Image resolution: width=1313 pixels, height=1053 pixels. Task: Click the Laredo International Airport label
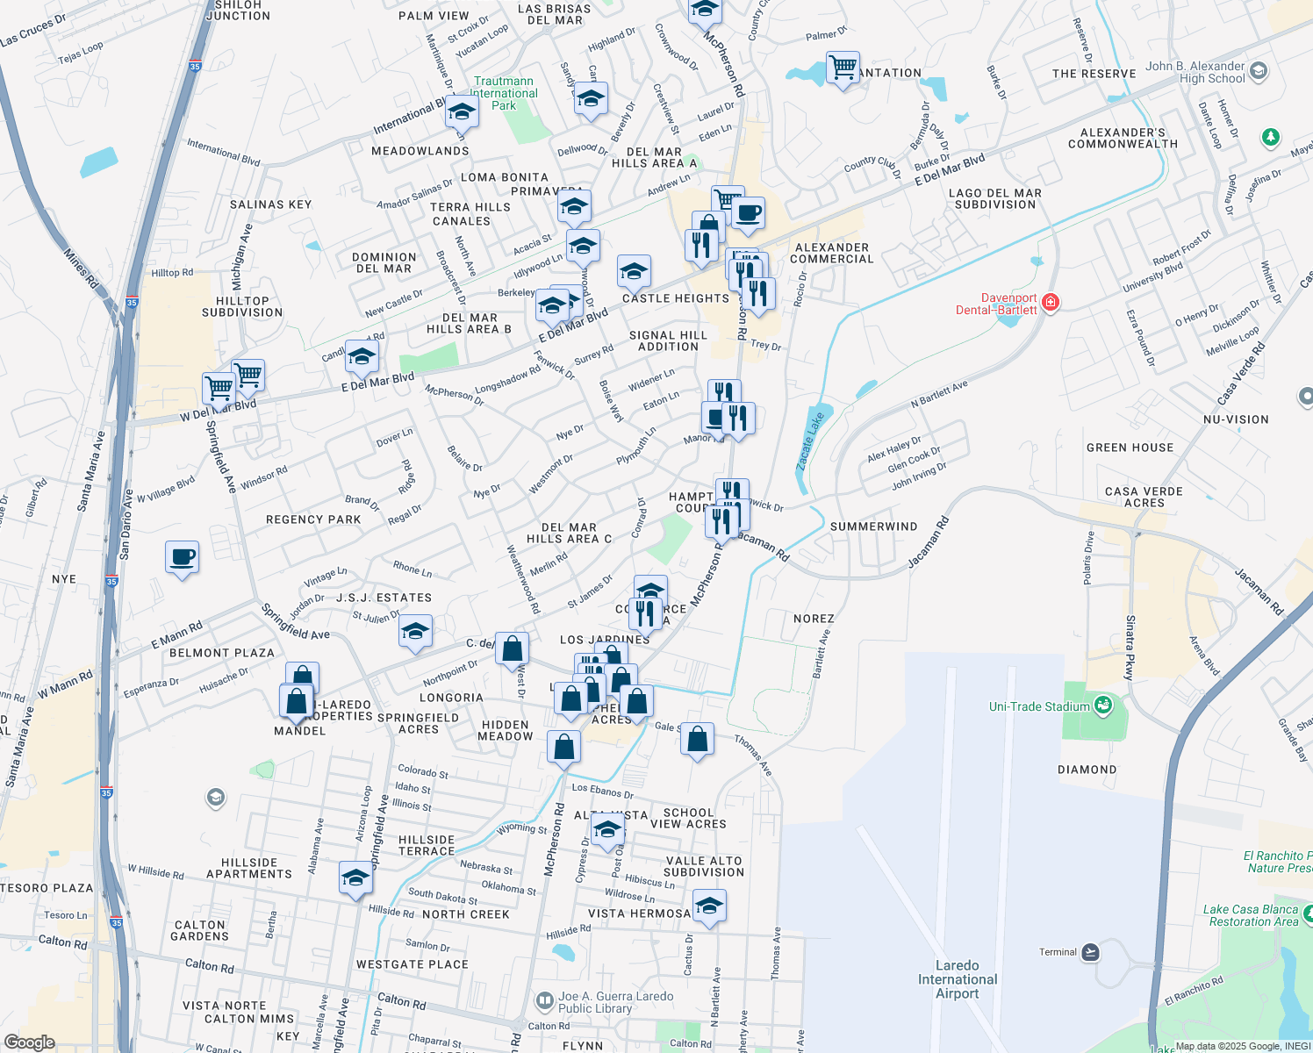(958, 979)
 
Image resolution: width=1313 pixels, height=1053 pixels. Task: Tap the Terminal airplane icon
(1090, 952)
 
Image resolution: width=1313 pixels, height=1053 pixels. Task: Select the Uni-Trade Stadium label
(1039, 706)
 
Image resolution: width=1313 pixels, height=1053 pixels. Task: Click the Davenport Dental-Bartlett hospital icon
(1051, 303)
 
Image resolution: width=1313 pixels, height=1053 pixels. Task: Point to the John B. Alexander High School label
(1195, 72)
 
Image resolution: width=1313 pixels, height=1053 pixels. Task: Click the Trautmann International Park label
(504, 93)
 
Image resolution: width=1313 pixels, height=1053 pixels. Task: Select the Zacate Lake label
(811, 441)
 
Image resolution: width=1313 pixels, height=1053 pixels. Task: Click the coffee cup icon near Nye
(183, 556)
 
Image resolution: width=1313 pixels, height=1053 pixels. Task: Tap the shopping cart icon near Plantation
(843, 67)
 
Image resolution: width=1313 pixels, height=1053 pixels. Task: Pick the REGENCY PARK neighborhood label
(313, 519)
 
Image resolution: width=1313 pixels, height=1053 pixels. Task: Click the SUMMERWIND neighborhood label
(873, 526)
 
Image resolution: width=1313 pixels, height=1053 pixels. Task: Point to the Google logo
(29, 1042)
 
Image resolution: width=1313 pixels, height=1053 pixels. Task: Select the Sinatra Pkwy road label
(1130, 648)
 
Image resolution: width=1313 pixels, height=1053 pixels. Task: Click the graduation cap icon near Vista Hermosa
(709, 906)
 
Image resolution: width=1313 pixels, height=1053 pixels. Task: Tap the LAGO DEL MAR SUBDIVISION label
(995, 198)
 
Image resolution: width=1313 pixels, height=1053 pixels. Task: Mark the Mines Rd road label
(81, 268)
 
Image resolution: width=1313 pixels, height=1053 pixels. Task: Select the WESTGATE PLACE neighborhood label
(413, 964)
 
